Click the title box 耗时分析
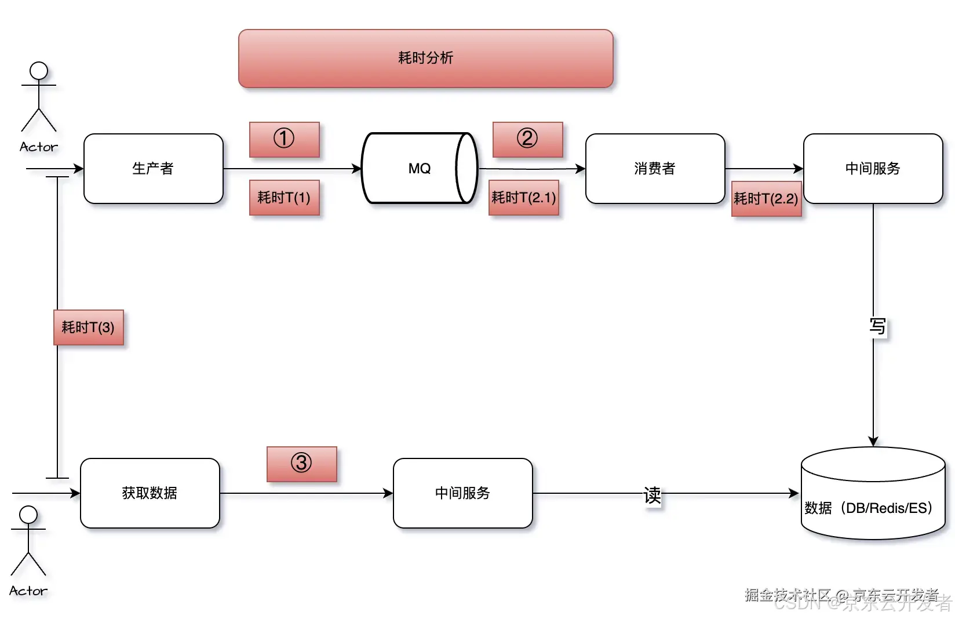(425, 59)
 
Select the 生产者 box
(153, 169)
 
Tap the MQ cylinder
(419, 169)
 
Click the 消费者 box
(655, 169)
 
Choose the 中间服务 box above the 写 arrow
(873, 169)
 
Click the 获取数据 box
(150, 493)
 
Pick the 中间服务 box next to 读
(462, 493)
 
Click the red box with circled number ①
(284, 139)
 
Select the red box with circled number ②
(527, 139)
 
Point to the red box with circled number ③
(301, 464)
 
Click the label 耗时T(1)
(284, 198)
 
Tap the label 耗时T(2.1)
(524, 198)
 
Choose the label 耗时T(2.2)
(766, 199)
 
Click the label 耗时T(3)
(88, 327)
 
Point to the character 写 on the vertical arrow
(877, 326)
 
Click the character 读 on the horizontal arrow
(652, 495)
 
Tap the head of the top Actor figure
(39, 71)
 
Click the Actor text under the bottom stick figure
(28, 591)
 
